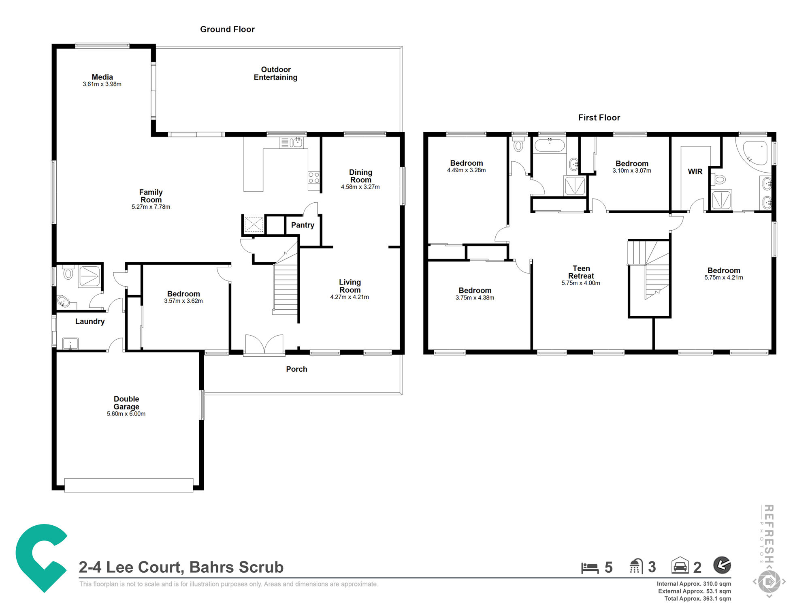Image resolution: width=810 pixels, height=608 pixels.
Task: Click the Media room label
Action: (102, 77)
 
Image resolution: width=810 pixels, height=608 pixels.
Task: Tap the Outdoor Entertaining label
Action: (275, 73)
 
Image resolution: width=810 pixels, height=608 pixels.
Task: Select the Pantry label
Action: (303, 225)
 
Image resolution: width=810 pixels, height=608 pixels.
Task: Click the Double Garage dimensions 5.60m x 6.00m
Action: (126, 414)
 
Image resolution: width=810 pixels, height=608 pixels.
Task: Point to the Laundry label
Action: (90, 321)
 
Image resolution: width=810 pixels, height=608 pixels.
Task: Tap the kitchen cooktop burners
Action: (314, 178)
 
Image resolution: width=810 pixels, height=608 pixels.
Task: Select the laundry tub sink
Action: (70, 344)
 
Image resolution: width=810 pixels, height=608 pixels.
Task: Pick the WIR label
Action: (695, 171)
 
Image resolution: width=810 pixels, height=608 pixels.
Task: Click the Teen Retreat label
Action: (581, 272)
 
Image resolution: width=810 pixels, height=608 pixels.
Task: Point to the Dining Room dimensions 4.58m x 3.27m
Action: (360, 187)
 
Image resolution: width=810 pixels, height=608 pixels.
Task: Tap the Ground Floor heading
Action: (227, 29)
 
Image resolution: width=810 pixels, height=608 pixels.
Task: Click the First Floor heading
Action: (599, 118)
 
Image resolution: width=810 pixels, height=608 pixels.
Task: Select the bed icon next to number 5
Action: (590, 567)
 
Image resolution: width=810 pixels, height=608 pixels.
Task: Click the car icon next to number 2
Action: (680, 565)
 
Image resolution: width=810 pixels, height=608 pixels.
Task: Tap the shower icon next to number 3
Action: (636, 566)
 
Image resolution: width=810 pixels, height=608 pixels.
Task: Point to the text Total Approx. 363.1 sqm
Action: (697, 599)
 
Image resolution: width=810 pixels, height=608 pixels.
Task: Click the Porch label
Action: (296, 369)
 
